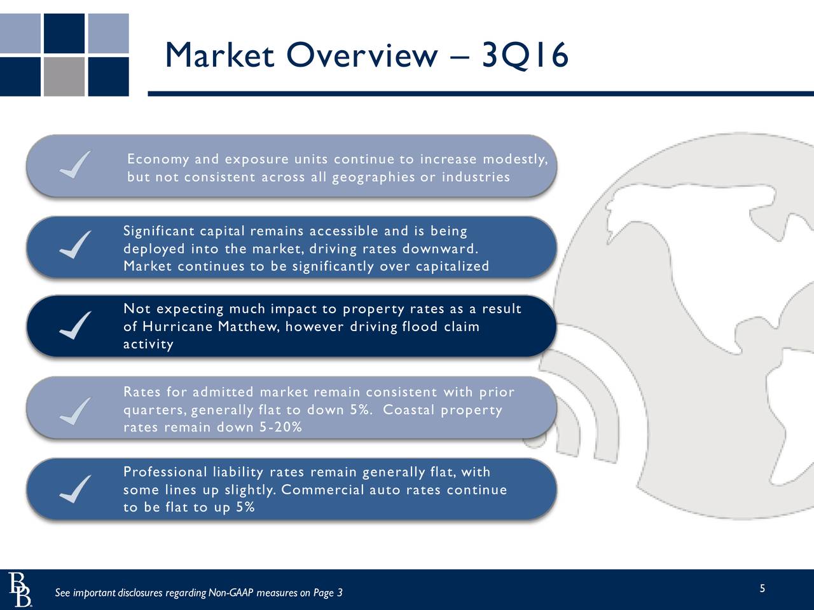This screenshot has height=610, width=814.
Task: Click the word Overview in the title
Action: (x=362, y=55)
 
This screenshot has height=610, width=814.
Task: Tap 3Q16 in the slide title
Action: (x=525, y=55)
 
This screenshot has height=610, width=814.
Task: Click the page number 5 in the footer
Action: (x=762, y=588)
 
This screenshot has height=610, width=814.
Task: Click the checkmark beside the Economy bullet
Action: (x=75, y=165)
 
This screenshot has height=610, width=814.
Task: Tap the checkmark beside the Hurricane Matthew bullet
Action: (x=75, y=325)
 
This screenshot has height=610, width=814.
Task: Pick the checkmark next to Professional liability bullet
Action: (x=75, y=489)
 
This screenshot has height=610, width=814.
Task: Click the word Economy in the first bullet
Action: (x=158, y=159)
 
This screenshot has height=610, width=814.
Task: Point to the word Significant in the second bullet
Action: (x=159, y=231)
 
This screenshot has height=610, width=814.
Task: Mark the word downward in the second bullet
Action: (x=440, y=249)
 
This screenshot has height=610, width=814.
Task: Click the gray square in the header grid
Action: (x=64, y=77)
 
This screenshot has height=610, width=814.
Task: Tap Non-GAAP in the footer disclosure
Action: (x=231, y=593)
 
